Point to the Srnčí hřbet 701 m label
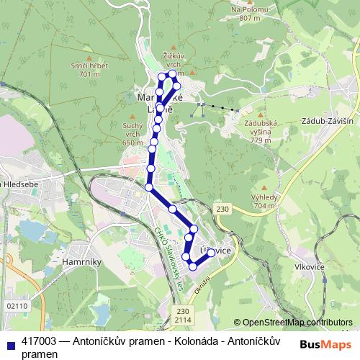coord(90,70)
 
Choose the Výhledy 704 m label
coord(265,201)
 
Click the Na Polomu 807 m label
coord(249,14)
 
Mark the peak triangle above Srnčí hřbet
coord(89,56)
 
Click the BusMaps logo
coord(325,344)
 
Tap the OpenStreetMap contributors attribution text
coord(297,323)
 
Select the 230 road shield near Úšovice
coord(221,208)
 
